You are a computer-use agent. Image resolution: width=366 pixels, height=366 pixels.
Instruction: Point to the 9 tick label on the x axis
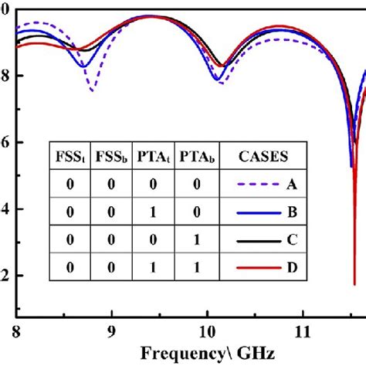pos(112,333)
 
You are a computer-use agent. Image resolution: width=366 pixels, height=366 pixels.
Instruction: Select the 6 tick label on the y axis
pos(5,143)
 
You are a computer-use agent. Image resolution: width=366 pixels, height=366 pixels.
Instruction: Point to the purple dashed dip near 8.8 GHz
pos(92,90)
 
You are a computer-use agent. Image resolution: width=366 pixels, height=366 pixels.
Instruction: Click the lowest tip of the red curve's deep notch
pos(354,283)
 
